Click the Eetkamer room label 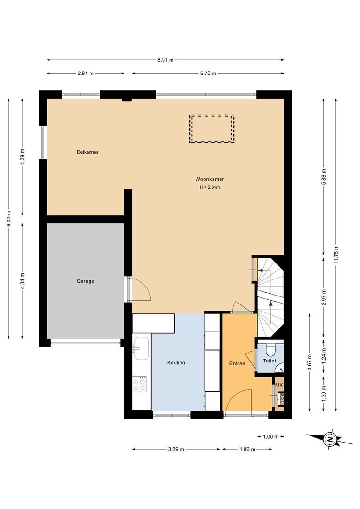[88, 152]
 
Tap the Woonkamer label [210, 179]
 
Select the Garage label [85, 281]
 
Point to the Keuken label [176, 362]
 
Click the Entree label [237, 363]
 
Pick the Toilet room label [270, 361]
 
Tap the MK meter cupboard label [279, 385]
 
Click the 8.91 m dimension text [165, 60]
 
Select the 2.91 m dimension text [86, 74]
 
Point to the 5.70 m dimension [208, 74]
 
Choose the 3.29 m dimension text [176, 449]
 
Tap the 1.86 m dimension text [247, 449]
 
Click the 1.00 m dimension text [271, 436]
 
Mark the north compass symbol [330, 440]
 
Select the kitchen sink [141, 348]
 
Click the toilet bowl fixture [270, 349]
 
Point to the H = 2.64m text [210, 187]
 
